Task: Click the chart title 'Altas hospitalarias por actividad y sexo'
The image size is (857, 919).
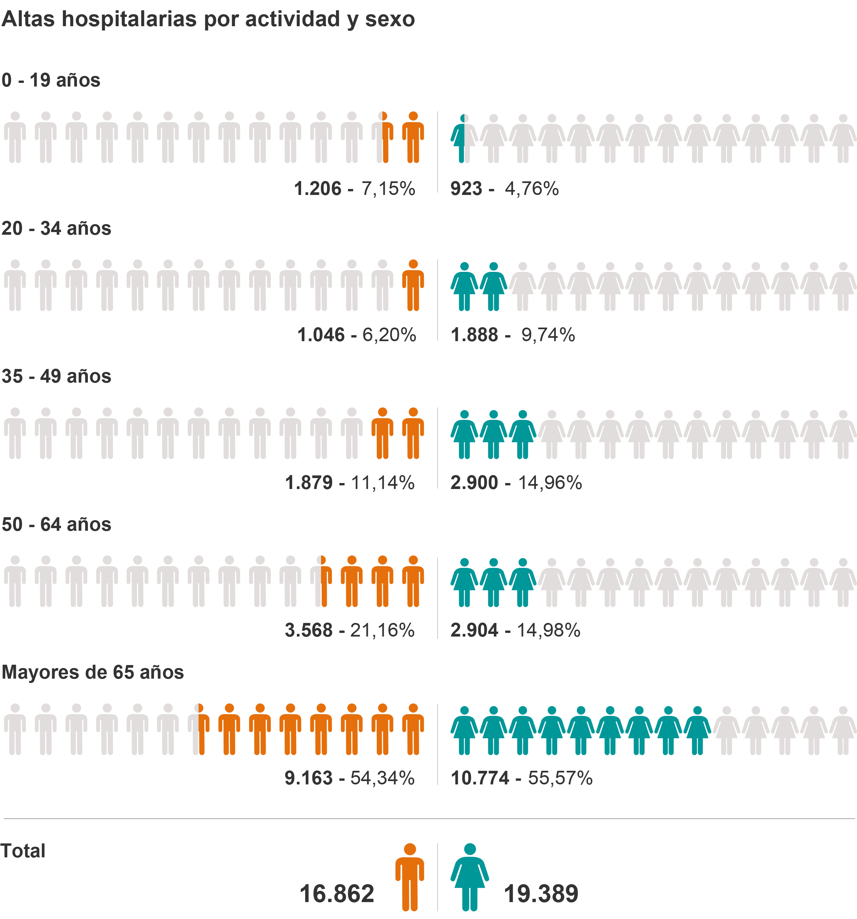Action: (x=208, y=20)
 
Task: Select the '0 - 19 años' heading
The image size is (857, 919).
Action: (x=51, y=80)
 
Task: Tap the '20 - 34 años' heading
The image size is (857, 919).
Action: (x=56, y=228)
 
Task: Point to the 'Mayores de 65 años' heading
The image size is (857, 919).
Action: (x=93, y=672)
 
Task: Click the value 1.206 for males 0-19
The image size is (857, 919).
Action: (x=318, y=189)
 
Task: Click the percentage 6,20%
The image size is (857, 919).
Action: (x=389, y=335)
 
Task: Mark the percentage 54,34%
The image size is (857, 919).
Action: (x=382, y=778)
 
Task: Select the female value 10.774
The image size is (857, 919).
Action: (x=480, y=778)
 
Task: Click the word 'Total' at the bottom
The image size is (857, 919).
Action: (x=23, y=851)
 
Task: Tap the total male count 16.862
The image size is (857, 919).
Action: (x=337, y=893)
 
